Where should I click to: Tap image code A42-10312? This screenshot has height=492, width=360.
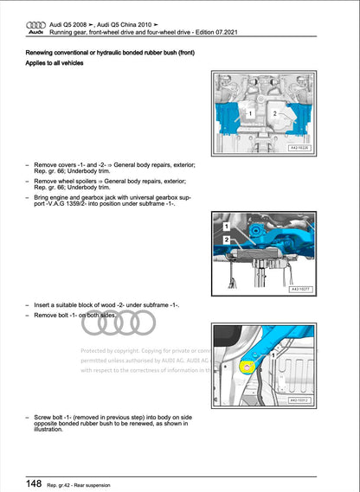(299, 400)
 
